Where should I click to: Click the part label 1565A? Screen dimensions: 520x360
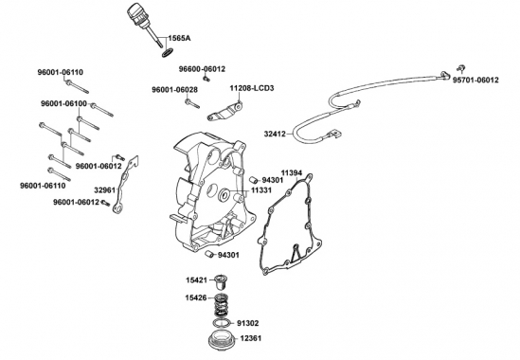(179, 39)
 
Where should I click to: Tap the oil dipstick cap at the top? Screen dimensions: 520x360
(135, 13)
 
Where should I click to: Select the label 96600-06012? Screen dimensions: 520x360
(202, 69)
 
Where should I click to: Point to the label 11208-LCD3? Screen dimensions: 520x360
(252, 88)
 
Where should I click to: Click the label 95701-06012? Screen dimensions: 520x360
(475, 81)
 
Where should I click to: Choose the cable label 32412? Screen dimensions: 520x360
(275, 134)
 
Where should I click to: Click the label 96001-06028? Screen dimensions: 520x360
(175, 90)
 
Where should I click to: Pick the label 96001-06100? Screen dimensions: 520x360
(63, 103)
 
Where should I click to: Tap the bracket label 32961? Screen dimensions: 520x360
(104, 190)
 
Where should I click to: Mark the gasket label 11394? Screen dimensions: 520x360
(292, 172)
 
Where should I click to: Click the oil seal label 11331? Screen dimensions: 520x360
(261, 190)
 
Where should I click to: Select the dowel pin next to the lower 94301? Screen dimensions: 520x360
(209, 255)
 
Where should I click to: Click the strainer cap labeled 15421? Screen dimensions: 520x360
(218, 281)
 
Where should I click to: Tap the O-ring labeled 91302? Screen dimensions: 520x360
(221, 323)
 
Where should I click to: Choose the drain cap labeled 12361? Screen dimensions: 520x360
(221, 338)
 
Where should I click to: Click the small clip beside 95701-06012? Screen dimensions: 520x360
(460, 67)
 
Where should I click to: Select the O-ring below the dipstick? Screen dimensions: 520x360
(168, 53)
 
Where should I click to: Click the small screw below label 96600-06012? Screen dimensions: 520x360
(206, 79)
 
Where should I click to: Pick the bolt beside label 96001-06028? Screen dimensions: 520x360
(192, 104)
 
